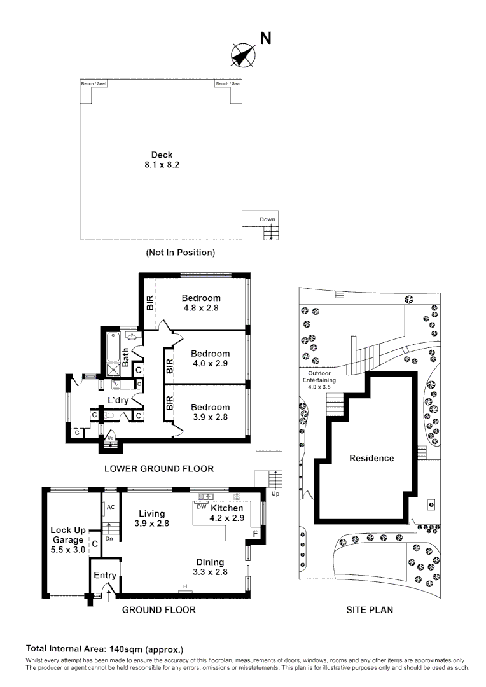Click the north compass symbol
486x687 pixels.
[243, 55]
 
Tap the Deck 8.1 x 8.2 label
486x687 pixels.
[162, 160]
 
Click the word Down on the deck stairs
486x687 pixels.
[267, 219]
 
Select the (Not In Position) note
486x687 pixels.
[181, 253]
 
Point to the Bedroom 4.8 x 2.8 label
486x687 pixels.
[201, 303]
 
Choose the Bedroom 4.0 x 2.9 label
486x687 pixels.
[211, 358]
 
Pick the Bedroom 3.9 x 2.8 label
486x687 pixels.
[211, 412]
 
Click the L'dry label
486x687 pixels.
[118, 400]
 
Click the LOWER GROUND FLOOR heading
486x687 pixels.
[159, 469]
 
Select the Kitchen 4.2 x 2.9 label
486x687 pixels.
[226, 513]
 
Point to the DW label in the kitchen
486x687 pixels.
[201, 507]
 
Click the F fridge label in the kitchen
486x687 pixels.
[256, 534]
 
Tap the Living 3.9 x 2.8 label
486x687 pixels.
[151, 518]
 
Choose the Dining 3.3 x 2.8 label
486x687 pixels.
[210, 567]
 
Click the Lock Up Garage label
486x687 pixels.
[68, 540]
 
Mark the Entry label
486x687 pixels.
[105, 576]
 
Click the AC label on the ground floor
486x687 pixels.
[111, 507]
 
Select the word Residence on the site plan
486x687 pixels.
[371, 458]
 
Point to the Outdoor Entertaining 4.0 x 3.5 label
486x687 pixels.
[319, 380]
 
